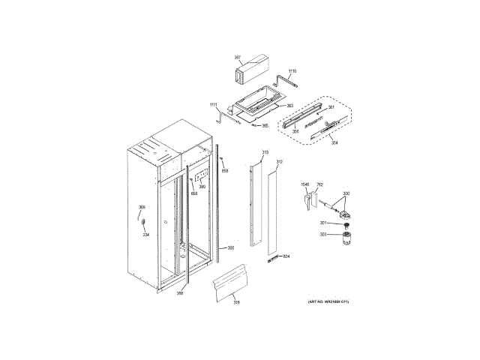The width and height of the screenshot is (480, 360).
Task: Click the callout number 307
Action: pyautogui.click(x=237, y=57)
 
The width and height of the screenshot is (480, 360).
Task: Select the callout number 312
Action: pyautogui.click(x=279, y=162)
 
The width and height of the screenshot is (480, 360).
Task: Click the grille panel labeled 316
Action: pyautogui.click(x=231, y=284)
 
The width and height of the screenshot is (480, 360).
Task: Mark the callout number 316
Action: pyautogui.click(x=235, y=302)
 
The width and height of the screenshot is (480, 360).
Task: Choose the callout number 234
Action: pyautogui.click(x=146, y=235)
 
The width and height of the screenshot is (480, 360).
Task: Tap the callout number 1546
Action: pyautogui.click(x=305, y=184)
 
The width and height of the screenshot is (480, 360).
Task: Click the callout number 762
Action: pyautogui.click(x=319, y=184)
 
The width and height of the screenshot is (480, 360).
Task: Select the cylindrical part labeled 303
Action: pyautogui.click(x=347, y=238)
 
